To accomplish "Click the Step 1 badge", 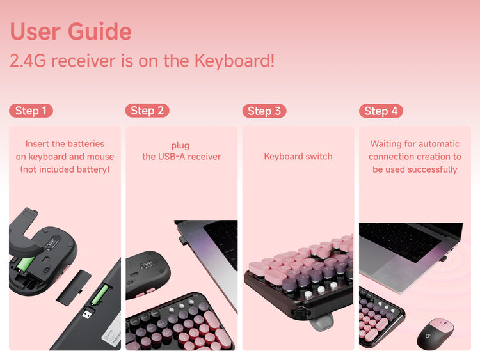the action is click(31, 111).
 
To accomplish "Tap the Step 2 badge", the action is click(147, 111).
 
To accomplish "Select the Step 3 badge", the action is click(264, 111).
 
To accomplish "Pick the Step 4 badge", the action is click(381, 111).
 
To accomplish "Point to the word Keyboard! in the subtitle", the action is click(234, 61).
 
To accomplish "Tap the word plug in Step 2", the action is click(180, 145).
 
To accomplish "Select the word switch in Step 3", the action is click(319, 156).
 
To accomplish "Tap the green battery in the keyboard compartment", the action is click(99, 295).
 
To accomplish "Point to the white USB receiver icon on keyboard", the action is click(87, 314).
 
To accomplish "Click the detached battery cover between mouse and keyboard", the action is click(74, 288).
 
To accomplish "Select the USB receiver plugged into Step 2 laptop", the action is click(183, 240).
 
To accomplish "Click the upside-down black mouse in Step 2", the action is click(148, 274).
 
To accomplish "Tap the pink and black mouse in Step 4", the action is click(435, 334).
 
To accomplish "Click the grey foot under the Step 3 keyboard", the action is click(321, 322).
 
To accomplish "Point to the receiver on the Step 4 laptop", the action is click(443, 259).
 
